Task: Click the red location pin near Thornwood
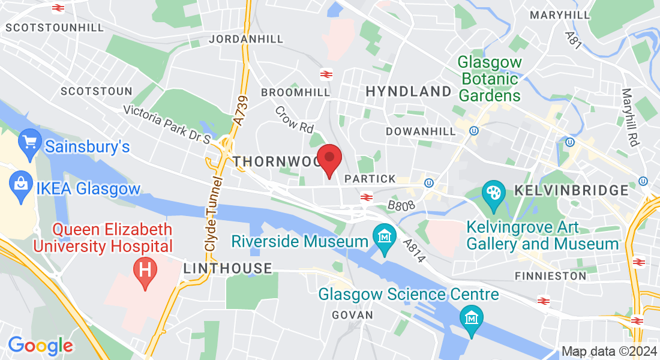(329, 158)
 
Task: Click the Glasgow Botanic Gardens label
(490, 79)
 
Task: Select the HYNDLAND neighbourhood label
(408, 91)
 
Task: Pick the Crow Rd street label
(295, 119)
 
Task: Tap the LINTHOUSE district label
(227, 268)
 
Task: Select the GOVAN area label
(352, 315)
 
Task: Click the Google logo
(40, 346)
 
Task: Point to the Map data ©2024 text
(608, 351)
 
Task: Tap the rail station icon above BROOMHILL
(326, 74)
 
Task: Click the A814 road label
(414, 250)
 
